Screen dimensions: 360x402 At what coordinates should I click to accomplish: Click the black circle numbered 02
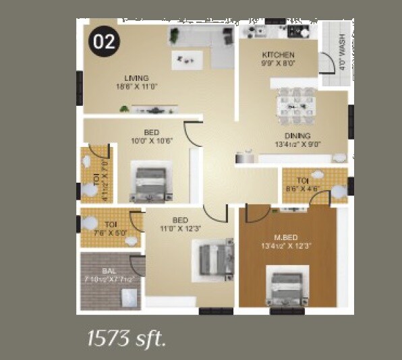point(103,42)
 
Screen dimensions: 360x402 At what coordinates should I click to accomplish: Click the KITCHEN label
point(278,54)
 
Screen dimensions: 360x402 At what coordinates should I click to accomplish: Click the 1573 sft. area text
point(126,338)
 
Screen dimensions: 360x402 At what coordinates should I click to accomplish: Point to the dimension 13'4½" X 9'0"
point(293,144)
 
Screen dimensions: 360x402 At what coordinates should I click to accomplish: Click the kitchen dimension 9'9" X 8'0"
point(279,63)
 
